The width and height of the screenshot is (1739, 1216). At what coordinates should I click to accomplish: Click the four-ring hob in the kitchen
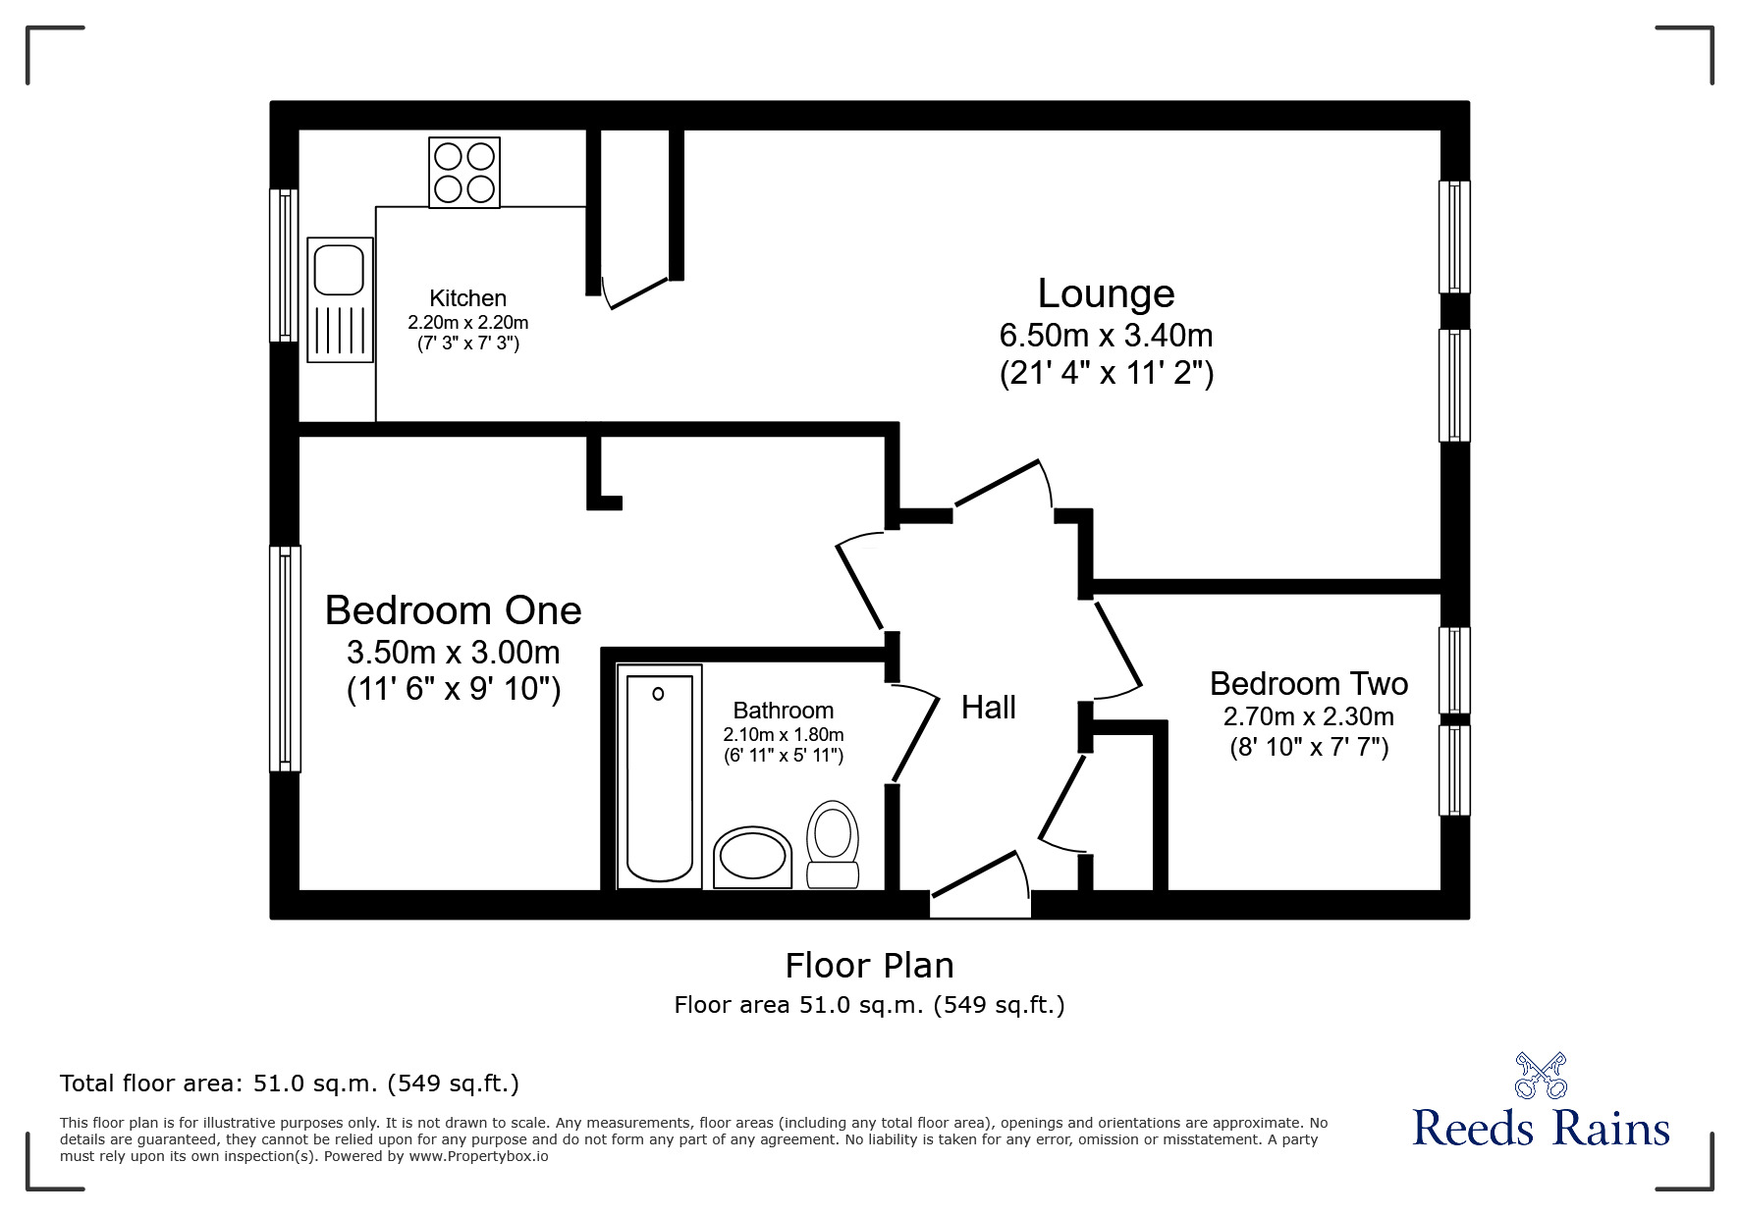pos(464,173)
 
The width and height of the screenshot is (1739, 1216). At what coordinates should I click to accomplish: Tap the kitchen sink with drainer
pos(340,299)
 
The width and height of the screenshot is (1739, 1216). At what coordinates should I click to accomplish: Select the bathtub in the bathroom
pos(659,775)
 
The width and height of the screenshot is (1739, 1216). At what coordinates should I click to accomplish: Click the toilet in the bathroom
pos(833,844)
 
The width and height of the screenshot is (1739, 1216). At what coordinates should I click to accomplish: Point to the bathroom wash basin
pos(752,858)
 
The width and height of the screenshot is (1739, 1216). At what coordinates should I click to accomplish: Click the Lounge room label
pos(1106,293)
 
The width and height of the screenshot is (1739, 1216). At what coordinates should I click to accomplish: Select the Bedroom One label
pos(453,610)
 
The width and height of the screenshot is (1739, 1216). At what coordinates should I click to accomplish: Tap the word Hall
pos(988,708)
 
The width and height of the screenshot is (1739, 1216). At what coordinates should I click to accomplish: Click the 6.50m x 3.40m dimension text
pos(1106,336)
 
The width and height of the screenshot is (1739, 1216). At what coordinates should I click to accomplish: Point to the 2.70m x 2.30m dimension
pos(1308,716)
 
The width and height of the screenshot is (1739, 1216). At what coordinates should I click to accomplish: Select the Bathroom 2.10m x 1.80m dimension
pos(783,734)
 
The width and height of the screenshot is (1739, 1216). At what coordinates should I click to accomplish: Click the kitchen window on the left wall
pos(284,265)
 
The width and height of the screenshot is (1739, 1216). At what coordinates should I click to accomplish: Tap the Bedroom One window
pos(285,658)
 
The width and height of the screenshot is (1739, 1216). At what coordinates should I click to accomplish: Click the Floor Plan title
pos(869,966)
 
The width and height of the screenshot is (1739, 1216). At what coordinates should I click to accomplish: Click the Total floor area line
pos(290,1084)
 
